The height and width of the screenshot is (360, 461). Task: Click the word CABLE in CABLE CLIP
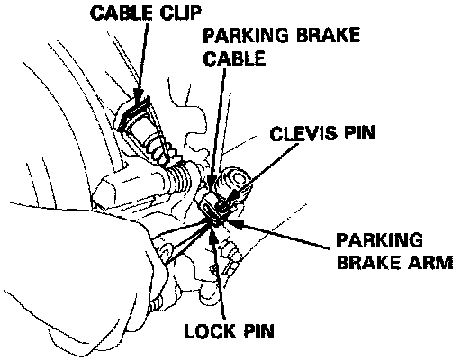(x=122, y=13)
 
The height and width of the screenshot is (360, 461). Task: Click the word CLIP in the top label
(x=180, y=13)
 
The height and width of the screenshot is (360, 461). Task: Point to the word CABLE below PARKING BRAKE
(x=234, y=58)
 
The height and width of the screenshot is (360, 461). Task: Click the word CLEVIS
(x=303, y=133)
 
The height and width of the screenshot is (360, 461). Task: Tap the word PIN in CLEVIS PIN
(x=360, y=133)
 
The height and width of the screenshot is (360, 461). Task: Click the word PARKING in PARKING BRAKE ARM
(x=380, y=240)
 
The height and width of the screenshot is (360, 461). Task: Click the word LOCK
(x=209, y=331)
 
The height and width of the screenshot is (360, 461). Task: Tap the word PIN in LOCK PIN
(x=258, y=331)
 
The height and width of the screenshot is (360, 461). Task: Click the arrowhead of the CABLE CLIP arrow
(x=139, y=97)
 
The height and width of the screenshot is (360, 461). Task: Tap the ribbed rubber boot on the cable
(x=179, y=178)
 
